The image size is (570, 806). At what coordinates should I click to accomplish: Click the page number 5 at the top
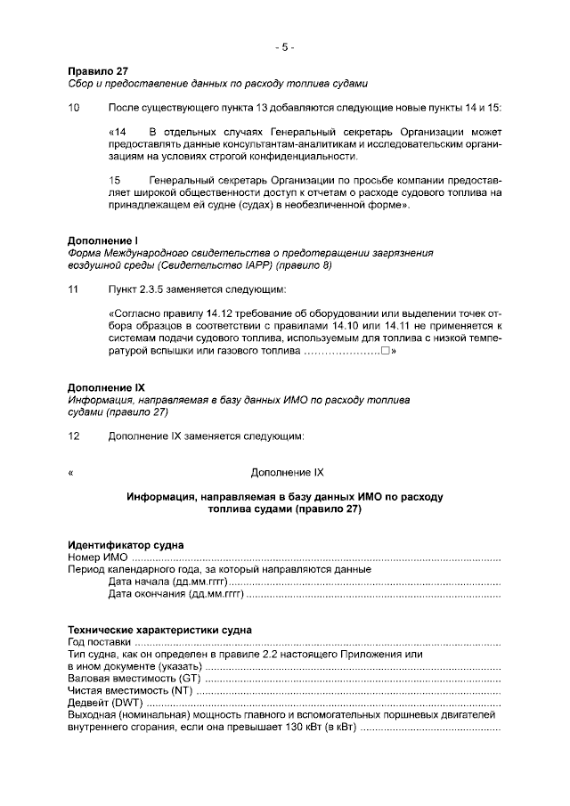coord(284,47)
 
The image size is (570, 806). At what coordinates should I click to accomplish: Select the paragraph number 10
coord(74,108)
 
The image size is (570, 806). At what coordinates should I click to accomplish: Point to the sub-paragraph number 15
coord(114,180)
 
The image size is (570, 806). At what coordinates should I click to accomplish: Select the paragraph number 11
coord(74,289)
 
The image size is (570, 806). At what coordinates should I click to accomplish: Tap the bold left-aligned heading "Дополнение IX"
coord(106,388)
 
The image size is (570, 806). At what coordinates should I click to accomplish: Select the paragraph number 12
coord(74,436)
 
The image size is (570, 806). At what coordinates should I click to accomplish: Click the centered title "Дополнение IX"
coord(284,471)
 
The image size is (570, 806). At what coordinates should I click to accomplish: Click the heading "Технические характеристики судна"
coord(159,630)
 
